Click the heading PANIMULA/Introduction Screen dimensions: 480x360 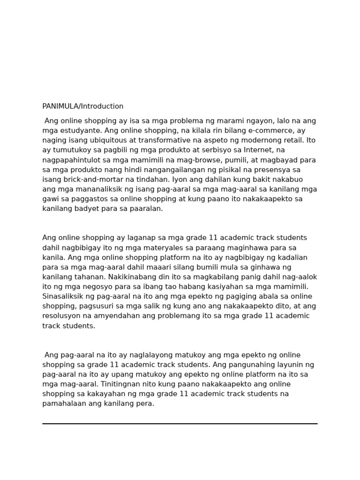pyautogui.click(x=83, y=106)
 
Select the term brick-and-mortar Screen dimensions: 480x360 pyautogui.click(x=85, y=180)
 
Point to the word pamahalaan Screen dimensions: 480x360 pyautogui.click(x=63, y=404)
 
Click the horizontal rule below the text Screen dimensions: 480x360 pyautogui.click(x=180, y=424)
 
